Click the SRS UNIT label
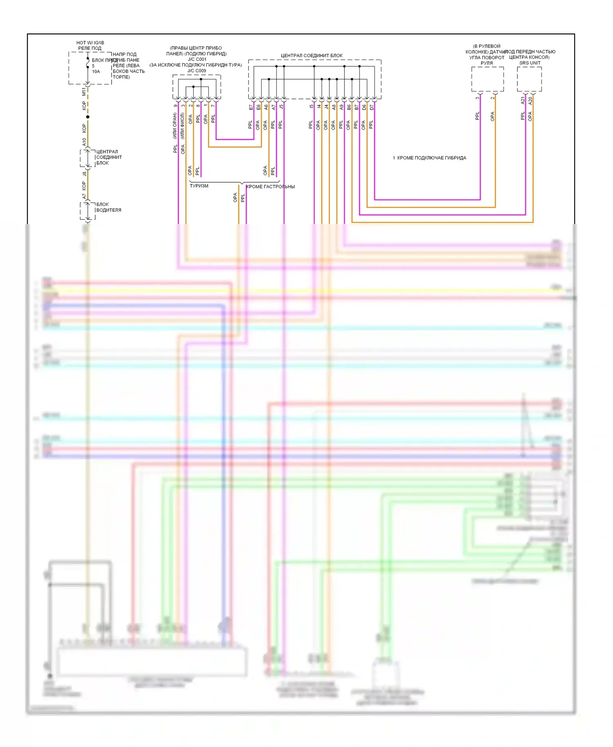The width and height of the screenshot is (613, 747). pos(530,63)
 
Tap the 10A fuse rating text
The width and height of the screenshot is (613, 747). pos(96,72)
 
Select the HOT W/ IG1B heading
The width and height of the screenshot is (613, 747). pos(90,42)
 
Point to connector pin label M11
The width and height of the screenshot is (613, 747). pos(84,92)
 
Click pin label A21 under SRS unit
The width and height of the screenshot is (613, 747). pos(523,100)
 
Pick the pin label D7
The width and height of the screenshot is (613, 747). pos(371,107)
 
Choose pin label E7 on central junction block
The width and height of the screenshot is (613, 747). pos(251,107)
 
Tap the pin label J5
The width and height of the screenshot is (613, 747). pos(281,107)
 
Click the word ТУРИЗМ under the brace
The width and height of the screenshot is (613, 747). pos(199,186)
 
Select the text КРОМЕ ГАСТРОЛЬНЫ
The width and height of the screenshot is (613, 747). pos(271,187)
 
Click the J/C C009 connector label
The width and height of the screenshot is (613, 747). pos(197,71)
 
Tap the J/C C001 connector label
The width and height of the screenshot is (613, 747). pos(197,59)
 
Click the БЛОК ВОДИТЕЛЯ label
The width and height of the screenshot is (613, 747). pos(108,207)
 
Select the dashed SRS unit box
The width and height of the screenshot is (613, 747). pos(529,79)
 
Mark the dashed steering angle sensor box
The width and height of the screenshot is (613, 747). pos(487,79)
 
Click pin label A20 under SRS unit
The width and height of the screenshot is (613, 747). pos(530,100)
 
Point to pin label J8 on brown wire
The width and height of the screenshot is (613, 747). pos(84,174)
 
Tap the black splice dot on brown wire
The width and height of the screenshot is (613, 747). pos(87,117)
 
